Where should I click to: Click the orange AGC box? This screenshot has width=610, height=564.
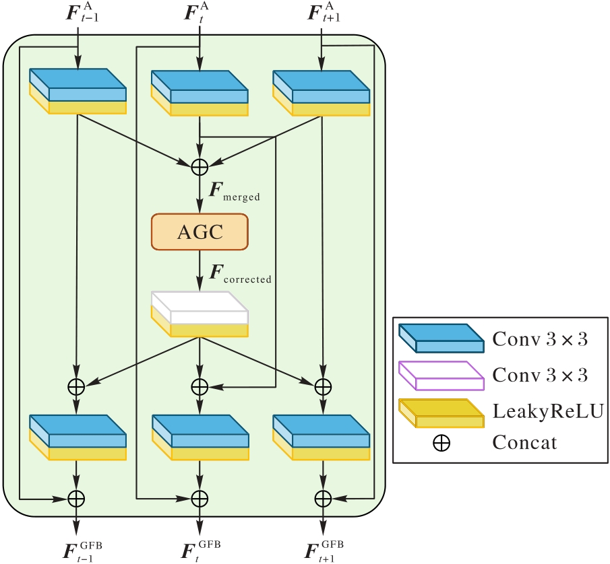pos(200,232)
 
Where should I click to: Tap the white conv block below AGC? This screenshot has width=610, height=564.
pos(200,314)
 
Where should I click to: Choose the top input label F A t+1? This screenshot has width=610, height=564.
pos(324,13)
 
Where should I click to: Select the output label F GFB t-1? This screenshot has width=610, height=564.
pos(82,549)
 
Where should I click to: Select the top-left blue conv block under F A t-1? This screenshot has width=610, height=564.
pos(78,90)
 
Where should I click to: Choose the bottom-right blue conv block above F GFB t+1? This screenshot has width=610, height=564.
pos(322,436)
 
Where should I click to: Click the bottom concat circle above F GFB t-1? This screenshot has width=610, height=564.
pos(77,498)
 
